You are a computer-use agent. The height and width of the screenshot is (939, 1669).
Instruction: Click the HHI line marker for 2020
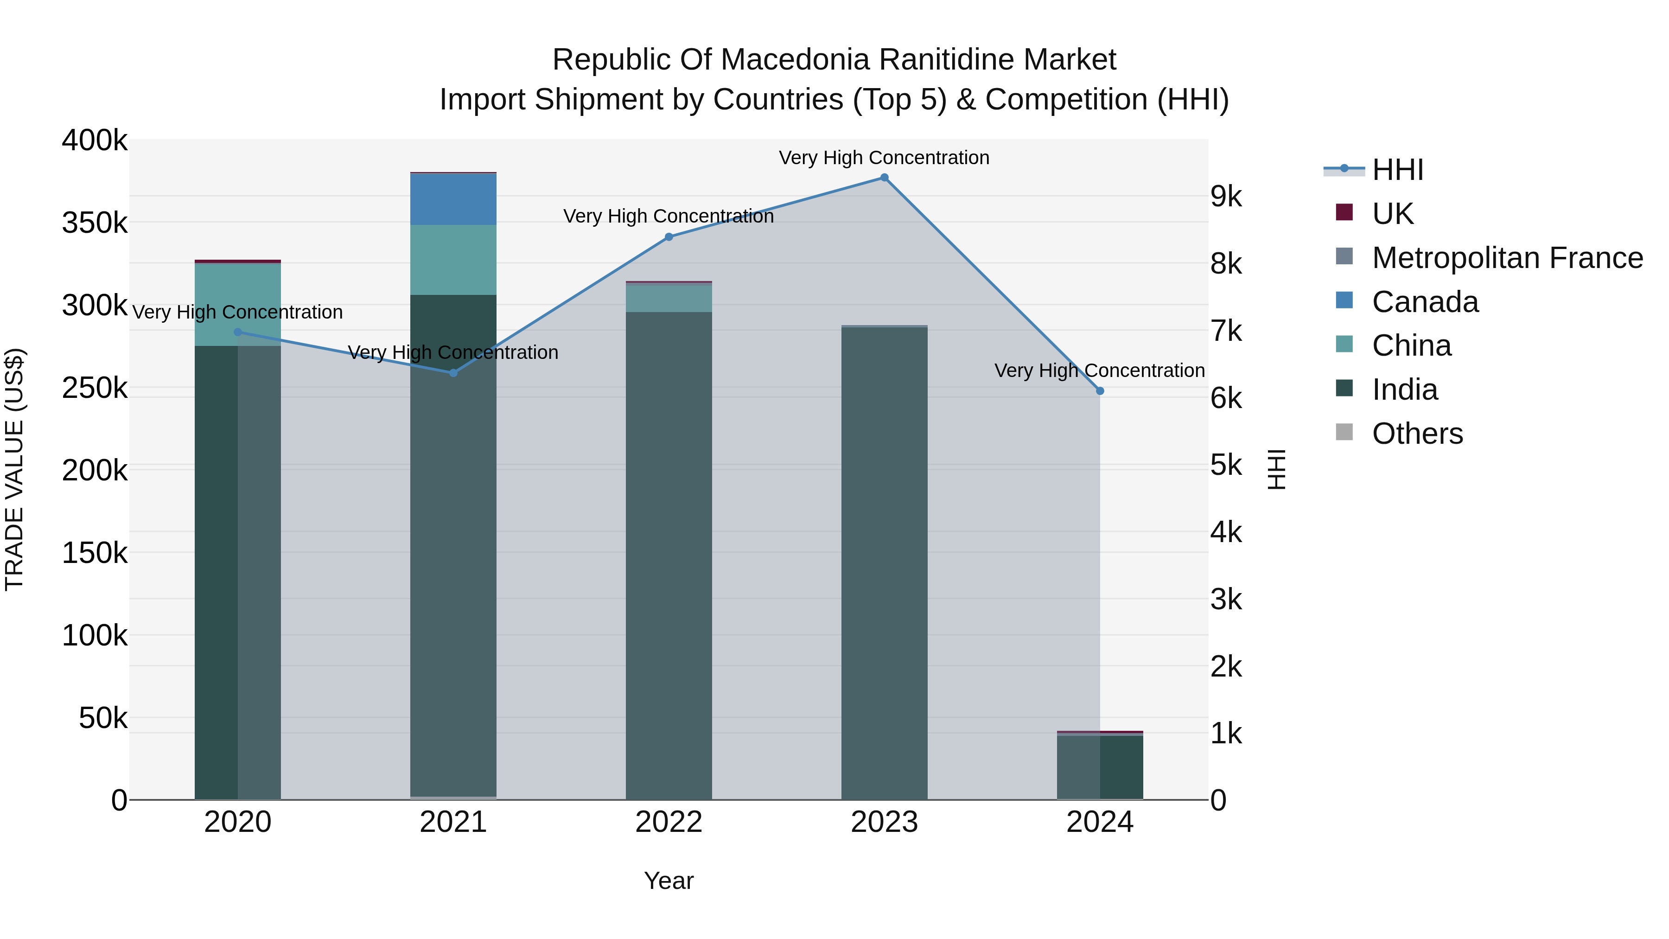pos(238,332)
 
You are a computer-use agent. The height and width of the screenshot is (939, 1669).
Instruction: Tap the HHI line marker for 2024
pos(1100,391)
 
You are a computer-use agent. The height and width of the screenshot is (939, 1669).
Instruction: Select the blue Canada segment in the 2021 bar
pos(453,199)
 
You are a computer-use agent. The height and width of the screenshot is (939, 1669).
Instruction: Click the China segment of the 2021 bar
pos(453,260)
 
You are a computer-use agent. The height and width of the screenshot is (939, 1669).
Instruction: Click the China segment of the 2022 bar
pos(669,298)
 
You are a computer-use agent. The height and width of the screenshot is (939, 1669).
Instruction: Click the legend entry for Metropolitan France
pos(1507,258)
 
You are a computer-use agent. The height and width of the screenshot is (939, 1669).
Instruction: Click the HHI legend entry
pos(1397,170)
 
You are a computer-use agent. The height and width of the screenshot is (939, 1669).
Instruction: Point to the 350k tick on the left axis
pos(95,223)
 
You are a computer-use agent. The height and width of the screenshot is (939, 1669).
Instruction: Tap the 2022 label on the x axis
pos(669,822)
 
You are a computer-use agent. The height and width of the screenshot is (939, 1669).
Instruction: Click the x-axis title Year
pos(669,881)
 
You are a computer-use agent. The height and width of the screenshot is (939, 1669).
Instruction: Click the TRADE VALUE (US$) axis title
pos(14,469)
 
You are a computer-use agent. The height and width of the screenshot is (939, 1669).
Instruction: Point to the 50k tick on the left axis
pos(102,718)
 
